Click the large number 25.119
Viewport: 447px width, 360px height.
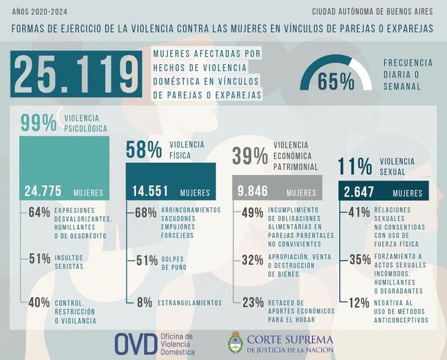point(76,75)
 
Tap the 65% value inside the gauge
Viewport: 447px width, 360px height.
point(336,81)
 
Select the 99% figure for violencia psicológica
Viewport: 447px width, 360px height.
point(39,123)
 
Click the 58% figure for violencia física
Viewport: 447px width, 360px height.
point(144,149)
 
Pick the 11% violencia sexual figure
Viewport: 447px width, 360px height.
point(355,167)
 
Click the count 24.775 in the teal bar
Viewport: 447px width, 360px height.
point(43,192)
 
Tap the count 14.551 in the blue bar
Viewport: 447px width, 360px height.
point(150,192)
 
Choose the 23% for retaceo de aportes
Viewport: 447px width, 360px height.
point(252,302)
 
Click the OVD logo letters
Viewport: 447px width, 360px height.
point(135,344)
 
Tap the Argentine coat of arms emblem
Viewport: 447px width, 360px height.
point(236,344)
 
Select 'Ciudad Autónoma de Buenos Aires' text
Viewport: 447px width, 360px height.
point(372,12)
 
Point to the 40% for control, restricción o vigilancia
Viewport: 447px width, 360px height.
point(39,302)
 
